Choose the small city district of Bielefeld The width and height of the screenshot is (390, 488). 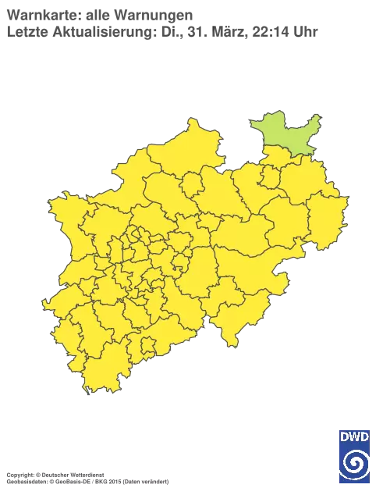(x=269, y=178)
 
